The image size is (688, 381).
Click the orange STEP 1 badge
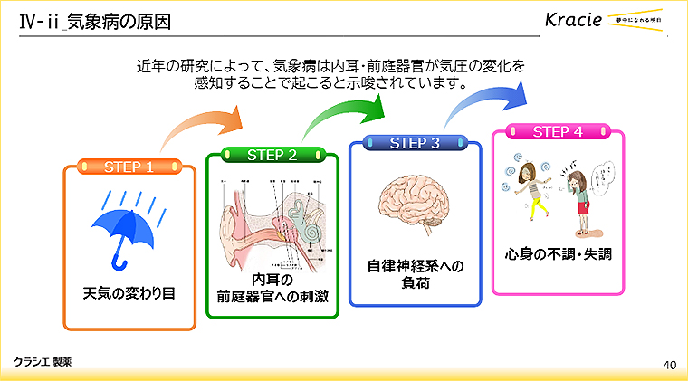click(129, 167)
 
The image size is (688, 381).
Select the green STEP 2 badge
click(272, 155)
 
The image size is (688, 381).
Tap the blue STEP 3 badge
click(415, 143)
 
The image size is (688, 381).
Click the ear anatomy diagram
click(272, 222)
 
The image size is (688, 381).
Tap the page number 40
click(670, 365)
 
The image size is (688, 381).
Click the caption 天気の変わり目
click(129, 293)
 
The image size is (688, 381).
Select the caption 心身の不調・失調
click(558, 255)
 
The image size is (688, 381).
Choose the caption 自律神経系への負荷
click(415, 274)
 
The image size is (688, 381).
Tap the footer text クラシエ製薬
click(43, 360)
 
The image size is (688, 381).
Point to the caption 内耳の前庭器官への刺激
click(272, 288)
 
